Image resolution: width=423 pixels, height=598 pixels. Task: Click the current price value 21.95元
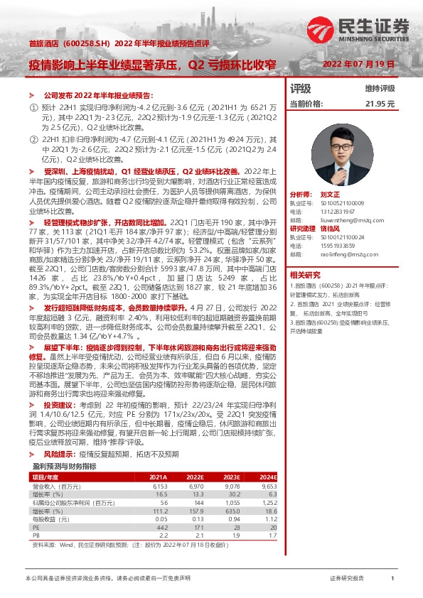[x=380, y=104]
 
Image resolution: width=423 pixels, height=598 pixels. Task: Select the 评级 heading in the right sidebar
[x=301, y=89]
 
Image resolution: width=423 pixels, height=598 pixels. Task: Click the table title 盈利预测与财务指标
[x=65, y=446]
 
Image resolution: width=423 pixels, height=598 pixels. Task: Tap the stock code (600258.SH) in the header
[x=87, y=43]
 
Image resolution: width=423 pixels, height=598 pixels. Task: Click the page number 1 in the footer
[x=392, y=579]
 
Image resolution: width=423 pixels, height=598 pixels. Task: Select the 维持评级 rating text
[x=380, y=89]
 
